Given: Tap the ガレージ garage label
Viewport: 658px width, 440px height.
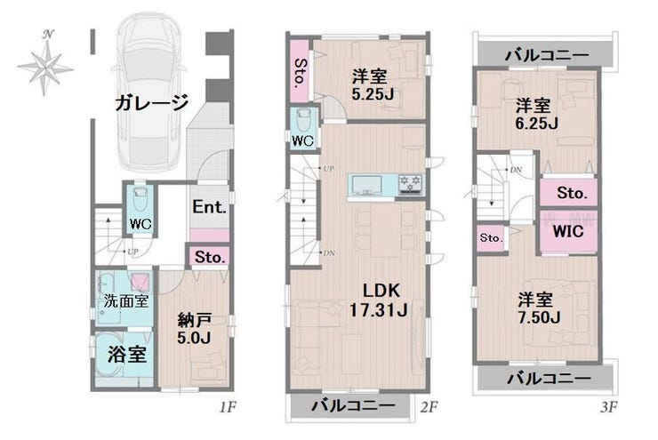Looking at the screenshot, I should [x=151, y=103].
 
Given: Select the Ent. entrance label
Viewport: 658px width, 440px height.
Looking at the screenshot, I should [x=209, y=209].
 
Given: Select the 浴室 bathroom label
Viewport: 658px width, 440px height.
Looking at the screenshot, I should [x=126, y=355].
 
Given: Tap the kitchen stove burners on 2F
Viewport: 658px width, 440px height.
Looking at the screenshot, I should [x=411, y=184].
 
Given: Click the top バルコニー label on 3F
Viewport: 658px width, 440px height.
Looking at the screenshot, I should [x=546, y=55].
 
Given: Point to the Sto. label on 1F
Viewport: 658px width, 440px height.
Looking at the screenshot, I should [x=210, y=258].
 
